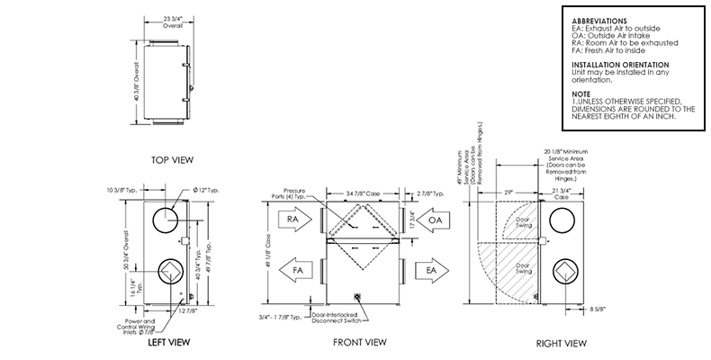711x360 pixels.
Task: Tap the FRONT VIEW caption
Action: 360,342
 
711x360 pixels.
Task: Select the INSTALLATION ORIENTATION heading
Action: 620,66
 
